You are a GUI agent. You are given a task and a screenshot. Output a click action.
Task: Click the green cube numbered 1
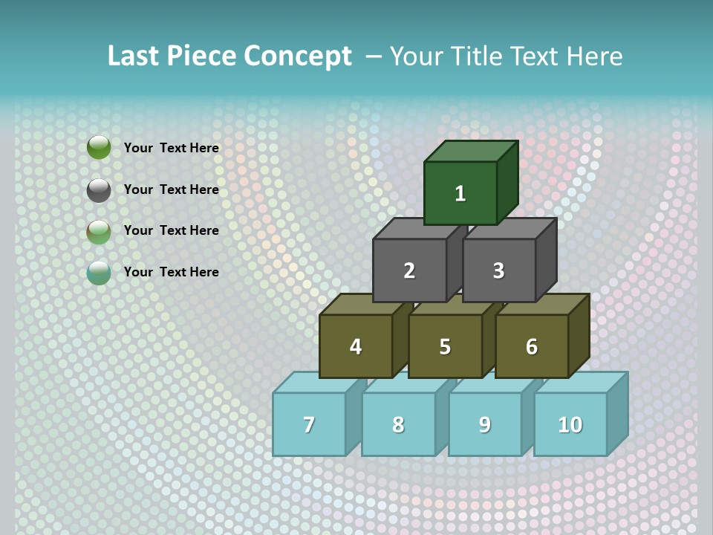460,193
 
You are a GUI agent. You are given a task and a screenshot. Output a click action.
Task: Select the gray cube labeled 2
409,270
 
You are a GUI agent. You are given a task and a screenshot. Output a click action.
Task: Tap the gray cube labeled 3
498,270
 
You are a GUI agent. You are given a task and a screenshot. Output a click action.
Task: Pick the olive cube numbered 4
356,346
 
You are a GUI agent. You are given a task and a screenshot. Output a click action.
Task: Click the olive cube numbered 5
445,346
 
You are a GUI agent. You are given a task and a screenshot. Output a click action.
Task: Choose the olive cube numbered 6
532,346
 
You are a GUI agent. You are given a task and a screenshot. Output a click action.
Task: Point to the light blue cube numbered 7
309,424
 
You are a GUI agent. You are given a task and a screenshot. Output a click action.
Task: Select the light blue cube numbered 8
398,424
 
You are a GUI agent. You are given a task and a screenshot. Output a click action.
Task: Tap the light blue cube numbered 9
484,424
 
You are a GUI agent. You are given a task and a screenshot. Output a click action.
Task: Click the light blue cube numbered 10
570,424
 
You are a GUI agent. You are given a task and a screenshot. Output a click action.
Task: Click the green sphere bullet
99,148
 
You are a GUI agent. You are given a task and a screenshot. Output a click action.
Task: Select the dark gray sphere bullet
99,190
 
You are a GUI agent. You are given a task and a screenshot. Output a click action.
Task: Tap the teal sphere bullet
99,273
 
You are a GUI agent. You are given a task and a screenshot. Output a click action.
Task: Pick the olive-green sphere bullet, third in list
99,232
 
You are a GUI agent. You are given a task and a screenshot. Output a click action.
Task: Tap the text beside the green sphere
172,148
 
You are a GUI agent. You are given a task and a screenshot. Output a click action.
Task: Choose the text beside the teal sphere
172,272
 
